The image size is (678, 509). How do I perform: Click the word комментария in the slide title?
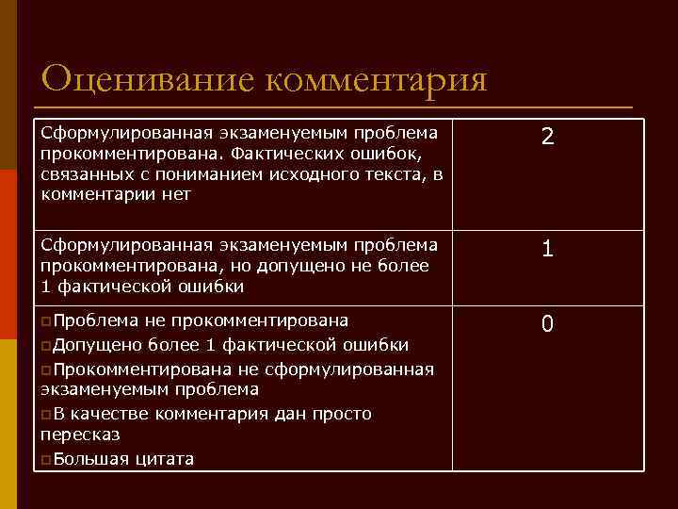pos(376,79)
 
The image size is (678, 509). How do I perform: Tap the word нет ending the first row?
pos(176,195)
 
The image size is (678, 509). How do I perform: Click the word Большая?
pos(88,459)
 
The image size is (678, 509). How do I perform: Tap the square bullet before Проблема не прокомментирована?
pos(47,320)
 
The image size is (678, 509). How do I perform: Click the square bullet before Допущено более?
pos(47,344)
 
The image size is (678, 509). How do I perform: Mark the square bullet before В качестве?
pos(47,414)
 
